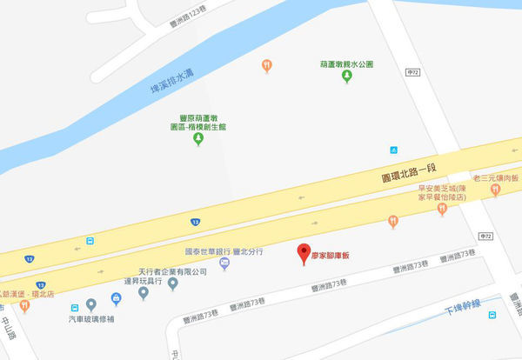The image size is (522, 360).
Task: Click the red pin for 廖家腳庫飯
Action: click(304, 253)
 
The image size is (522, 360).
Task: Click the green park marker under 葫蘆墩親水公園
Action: click(346, 77)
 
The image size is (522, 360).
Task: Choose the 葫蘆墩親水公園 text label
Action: click(346, 64)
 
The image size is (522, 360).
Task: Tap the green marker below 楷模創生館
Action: click(198, 139)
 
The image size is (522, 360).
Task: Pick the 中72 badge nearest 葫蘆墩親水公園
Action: click(413, 71)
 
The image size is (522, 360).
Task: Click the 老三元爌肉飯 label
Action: click(496, 177)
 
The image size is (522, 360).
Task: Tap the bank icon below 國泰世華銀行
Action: click(224, 264)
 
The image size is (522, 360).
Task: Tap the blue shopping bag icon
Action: click(116, 298)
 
